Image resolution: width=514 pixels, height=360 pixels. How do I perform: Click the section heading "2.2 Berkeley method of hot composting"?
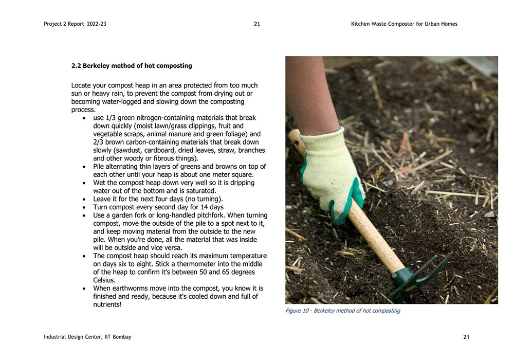tap(132, 66)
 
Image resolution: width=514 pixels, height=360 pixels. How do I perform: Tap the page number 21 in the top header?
tap(257, 24)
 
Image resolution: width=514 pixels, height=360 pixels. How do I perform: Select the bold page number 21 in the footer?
tap(466, 337)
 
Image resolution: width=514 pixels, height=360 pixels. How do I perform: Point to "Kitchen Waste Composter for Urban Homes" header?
tap(404, 24)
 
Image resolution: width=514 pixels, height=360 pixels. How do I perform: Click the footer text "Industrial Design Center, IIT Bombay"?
tap(87, 337)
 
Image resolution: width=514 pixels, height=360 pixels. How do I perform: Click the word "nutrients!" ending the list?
tap(107, 304)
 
